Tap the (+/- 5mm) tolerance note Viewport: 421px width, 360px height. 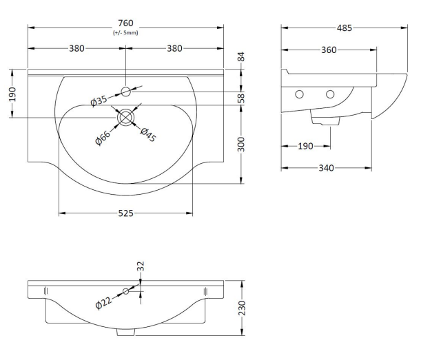coord(125,33)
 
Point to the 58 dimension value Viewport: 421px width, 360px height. coord(242,98)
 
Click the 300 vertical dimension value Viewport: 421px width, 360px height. coord(242,145)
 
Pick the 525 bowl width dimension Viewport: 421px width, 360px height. coord(125,213)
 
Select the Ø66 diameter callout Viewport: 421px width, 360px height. coord(103,136)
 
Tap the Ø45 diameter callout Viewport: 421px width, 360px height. coord(148,135)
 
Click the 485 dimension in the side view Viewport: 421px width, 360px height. coord(345,28)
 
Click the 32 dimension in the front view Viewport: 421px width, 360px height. coord(141,265)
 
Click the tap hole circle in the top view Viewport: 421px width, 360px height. coord(125,90)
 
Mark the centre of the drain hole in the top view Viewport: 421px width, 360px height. coord(125,118)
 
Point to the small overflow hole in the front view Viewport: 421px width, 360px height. coord(126,291)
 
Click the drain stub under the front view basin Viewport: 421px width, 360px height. coord(125,332)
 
